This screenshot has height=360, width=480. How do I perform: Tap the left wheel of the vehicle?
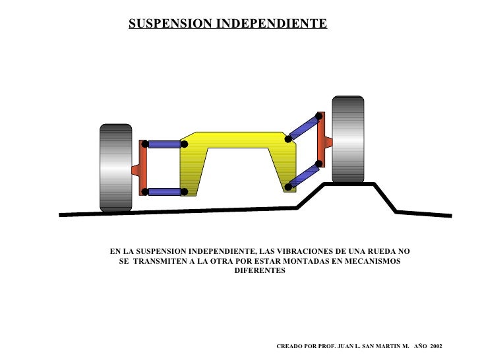pos(116,167)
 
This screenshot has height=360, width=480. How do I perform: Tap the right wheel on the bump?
pos(347,139)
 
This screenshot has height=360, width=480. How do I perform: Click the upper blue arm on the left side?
pos(164,144)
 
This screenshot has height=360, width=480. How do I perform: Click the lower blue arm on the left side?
pos(164,192)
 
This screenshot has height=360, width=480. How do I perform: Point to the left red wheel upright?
pos(142,168)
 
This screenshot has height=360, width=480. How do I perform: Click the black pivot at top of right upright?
pos(319,116)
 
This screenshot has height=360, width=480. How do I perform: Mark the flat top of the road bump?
pos(349,185)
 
